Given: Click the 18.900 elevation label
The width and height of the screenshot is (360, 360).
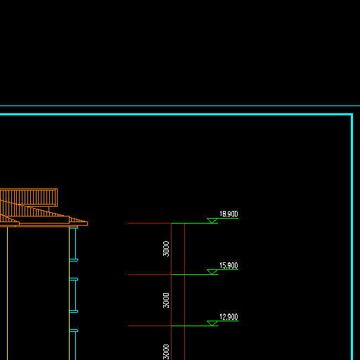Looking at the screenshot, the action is [229, 214].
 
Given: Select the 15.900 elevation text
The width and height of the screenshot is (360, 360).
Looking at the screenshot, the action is [229, 265].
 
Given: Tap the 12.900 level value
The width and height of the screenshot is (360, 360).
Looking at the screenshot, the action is [229, 316].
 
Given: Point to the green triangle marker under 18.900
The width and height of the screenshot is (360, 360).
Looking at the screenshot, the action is [212, 221].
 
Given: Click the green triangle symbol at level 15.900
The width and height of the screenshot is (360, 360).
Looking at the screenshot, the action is [212, 272].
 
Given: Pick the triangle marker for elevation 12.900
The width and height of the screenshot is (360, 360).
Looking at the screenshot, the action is [212, 323].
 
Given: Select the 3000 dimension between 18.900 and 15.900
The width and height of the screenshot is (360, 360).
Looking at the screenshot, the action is [166, 249].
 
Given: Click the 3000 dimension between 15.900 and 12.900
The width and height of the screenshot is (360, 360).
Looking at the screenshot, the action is [166, 300].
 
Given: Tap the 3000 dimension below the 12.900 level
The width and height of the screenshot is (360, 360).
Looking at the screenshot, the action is [166, 352].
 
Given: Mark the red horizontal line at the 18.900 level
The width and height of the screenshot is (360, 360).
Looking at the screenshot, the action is [150, 223].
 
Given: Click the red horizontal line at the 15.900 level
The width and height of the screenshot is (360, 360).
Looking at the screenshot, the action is [150, 274].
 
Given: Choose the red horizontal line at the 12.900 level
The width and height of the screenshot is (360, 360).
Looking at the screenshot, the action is [150, 326].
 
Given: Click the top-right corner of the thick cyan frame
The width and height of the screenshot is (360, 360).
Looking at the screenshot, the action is [352, 115].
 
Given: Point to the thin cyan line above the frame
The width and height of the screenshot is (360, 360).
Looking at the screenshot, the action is [180, 105].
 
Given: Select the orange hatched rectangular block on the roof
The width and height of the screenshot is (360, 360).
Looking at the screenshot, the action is [29, 198].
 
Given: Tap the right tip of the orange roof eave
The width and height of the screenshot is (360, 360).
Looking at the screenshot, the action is [88, 224].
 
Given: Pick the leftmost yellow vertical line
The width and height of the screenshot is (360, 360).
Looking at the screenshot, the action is [7, 293].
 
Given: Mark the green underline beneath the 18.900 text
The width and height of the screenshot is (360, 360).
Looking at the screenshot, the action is [228, 218].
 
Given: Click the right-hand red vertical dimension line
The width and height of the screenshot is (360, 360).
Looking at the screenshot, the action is [185, 292].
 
